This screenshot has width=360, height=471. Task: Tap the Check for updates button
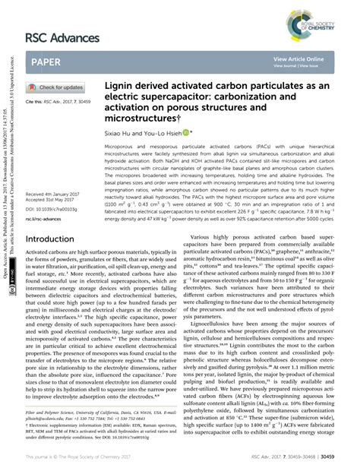[58, 87]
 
